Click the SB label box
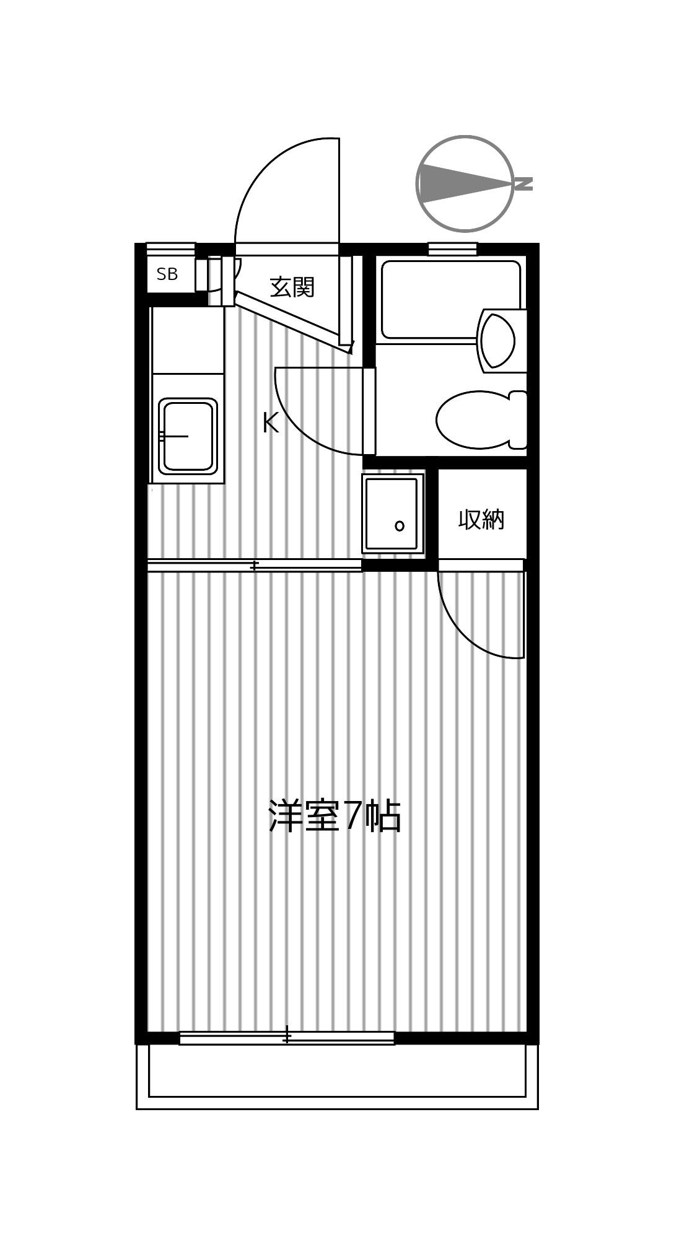(x=167, y=274)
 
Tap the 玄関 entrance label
(x=292, y=287)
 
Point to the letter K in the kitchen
(x=270, y=424)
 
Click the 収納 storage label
(x=481, y=519)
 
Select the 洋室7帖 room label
(x=335, y=816)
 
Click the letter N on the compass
(x=524, y=184)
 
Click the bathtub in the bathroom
(x=451, y=300)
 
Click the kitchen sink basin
(x=188, y=436)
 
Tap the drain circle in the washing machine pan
(x=400, y=526)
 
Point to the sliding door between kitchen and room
(x=255, y=566)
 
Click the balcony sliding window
(x=287, y=1038)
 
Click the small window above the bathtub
(x=452, y=249)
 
